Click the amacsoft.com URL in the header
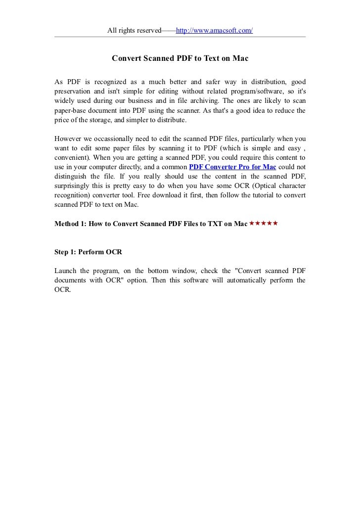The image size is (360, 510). coord(214,31)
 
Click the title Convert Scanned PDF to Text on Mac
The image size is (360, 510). coord(180,58)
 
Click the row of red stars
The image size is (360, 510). coord(264,224)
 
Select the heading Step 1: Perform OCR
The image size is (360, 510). coord(88,252)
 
